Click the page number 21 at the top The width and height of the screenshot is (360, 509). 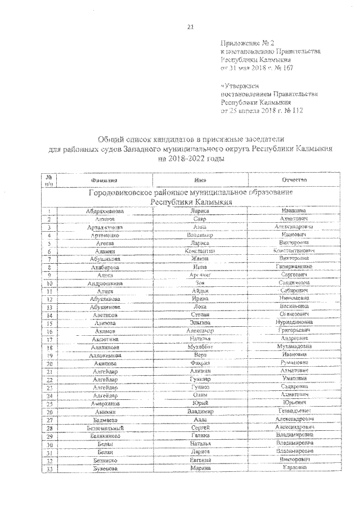click(189, 30)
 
